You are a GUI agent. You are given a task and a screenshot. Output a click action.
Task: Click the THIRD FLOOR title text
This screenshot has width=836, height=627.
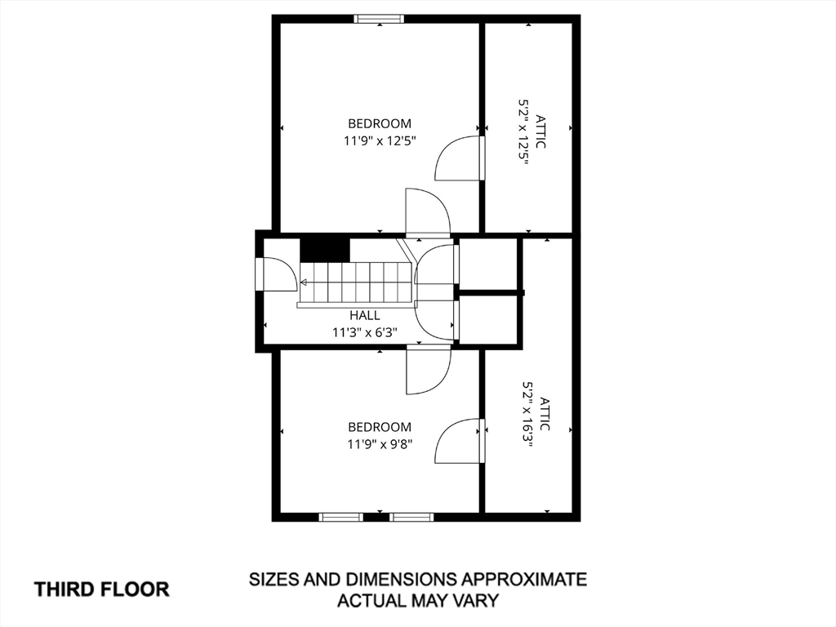click(102, 589)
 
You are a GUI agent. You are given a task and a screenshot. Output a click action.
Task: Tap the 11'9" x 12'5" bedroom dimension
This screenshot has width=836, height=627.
click(380, 141)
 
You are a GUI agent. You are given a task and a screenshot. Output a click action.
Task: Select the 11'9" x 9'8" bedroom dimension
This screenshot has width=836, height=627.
click(380, 444)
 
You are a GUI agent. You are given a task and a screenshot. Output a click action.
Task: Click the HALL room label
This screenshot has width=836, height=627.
click(365, 315)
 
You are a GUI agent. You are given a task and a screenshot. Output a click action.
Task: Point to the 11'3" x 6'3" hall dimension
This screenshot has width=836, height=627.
click(365, 333)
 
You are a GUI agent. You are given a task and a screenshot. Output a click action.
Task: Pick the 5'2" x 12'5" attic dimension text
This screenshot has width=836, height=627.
click(523, 131)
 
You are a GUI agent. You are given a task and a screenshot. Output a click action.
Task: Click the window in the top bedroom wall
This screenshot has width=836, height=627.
click(379, 19)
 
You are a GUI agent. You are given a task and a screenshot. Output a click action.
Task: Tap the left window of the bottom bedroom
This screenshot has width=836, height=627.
click(341, 517)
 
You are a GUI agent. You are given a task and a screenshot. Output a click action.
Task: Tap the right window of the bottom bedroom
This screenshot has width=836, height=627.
click(411, 517)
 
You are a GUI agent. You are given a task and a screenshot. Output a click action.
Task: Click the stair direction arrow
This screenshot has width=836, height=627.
click(304, 282)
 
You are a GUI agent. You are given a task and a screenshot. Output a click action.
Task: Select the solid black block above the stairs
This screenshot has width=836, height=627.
click(325, 250)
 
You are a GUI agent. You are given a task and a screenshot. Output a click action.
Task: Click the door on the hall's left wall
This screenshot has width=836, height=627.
click(276, 274)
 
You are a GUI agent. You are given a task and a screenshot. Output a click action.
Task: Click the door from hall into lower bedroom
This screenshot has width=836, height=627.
click(428, 370)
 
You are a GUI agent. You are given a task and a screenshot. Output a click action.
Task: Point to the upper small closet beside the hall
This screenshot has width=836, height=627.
click(488, 264)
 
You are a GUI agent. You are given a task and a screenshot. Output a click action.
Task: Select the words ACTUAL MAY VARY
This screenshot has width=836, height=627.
click(419, 600)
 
